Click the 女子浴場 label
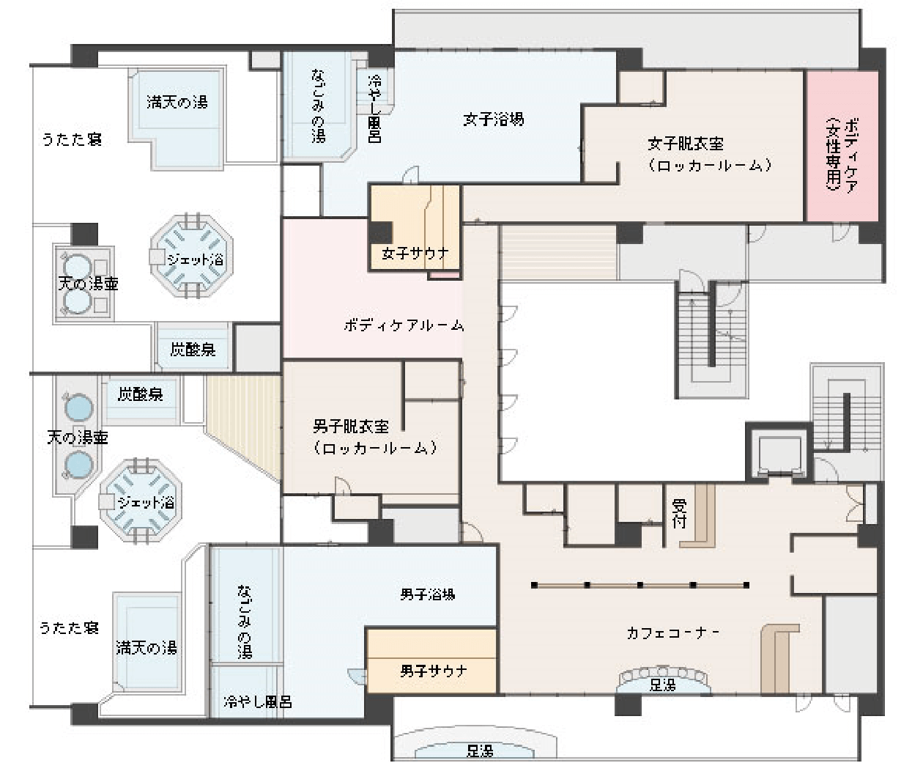[x=493, y=119]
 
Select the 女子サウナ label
[x=415, y=253]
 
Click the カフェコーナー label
[x=672, y=633]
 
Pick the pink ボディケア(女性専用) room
[x=842, y=146]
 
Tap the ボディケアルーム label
[x=404, y=325]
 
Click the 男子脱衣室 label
[x=351, y=427]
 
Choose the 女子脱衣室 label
[x=686, y=144]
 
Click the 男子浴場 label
[x=428, y=594]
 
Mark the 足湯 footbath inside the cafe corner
[x=663, y=680]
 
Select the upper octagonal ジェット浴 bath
[x=191, y=256]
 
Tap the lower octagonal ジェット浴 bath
[x=141, y=500]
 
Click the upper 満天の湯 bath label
[x=177, y=102]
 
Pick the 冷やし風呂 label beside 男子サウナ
[x=258, y=701]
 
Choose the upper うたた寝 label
[x=72, y=139]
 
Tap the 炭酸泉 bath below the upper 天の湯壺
[x=193, y=350]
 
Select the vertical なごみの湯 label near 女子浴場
[x=318, y=106]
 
